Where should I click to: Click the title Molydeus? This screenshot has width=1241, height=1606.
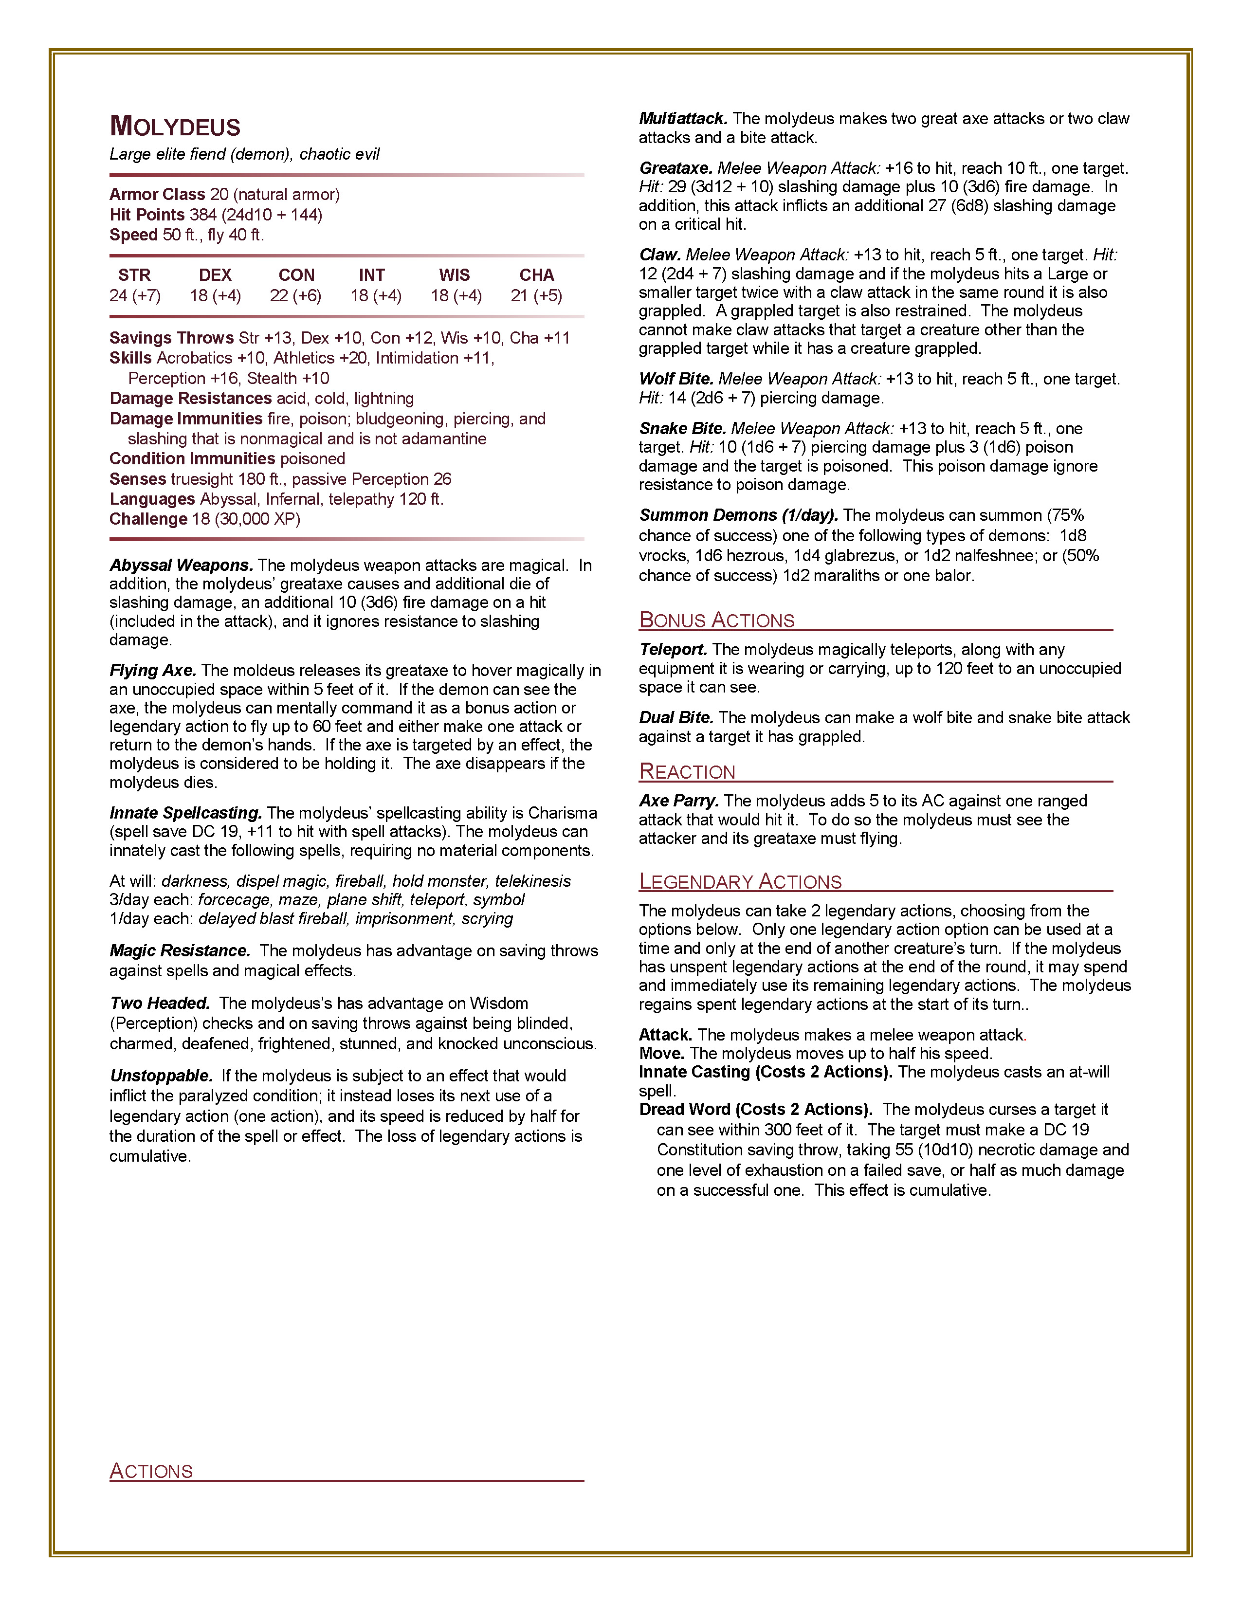[175, 127]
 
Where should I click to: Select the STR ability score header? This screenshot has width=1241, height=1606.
[134, 275]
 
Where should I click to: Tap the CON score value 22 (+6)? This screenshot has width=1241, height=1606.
[295, 295]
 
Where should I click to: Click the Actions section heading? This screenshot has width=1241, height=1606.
[151, 1471]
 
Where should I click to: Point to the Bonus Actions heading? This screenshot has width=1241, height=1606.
[717, 620]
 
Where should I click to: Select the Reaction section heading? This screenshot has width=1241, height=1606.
[687, 771]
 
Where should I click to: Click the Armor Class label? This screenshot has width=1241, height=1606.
[157, 194]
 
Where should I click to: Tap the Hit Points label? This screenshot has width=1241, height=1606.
[147, 215]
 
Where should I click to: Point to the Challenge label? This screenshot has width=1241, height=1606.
[148, 519]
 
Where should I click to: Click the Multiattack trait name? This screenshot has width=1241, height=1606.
[683, 118]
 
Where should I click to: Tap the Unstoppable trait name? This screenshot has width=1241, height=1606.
[161, 1076]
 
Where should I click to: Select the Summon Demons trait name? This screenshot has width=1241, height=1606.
[738, 515]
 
